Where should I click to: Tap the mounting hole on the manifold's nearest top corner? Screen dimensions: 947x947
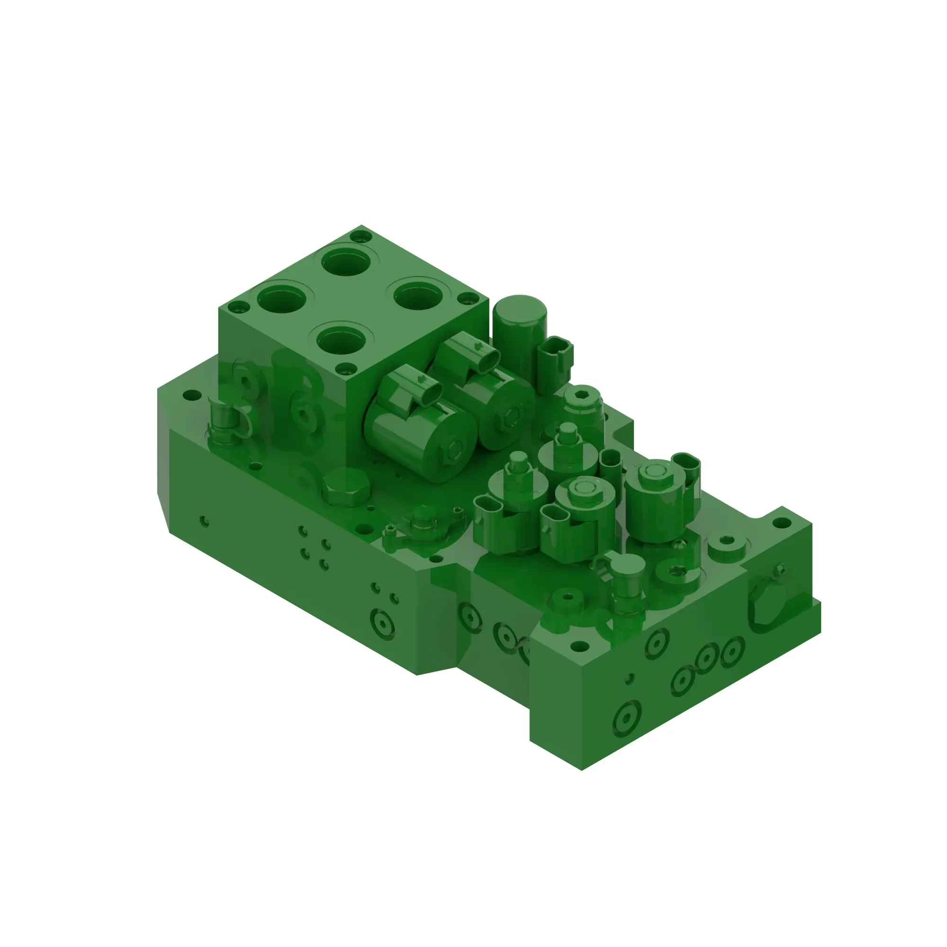pyautogui.click(x=580, y=647)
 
